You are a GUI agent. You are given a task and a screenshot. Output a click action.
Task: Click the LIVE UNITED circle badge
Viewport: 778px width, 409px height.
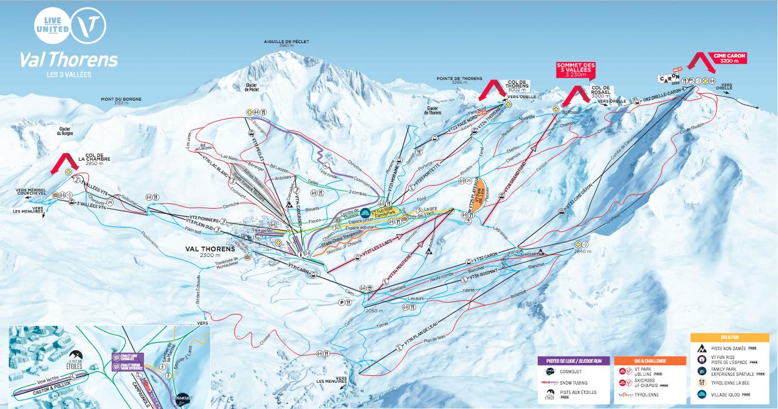pos(53,25)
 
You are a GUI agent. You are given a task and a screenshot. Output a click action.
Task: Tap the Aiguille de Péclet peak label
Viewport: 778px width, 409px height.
pos(286,43)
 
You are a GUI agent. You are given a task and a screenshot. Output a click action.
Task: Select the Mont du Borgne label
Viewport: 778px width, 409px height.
pos(121,100)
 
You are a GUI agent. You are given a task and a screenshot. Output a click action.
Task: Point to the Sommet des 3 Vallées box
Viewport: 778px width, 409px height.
pos(575,69)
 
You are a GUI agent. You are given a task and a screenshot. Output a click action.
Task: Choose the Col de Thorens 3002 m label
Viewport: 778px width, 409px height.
pos(517,87)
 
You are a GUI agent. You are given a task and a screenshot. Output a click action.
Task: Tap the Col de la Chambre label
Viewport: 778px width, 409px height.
pos(95,161)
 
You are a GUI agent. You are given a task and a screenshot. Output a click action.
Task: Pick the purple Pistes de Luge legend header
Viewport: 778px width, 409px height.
pos(573,361)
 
